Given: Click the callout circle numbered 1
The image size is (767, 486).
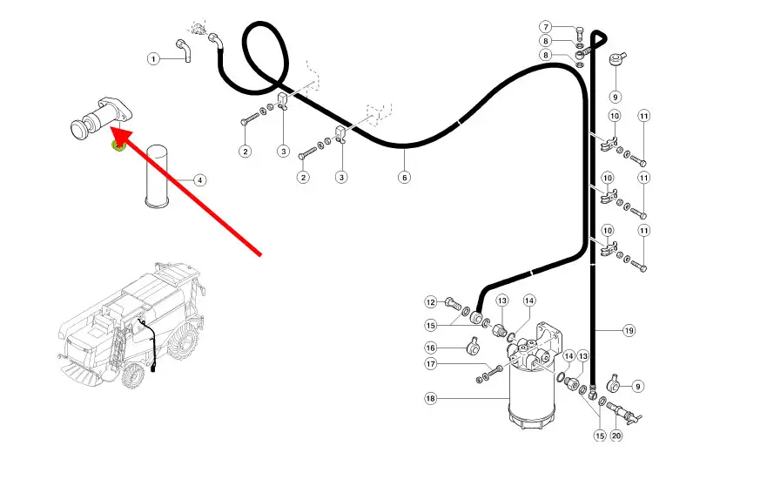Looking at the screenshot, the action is coord(153,59).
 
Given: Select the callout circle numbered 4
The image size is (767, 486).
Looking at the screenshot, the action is coord(199,180).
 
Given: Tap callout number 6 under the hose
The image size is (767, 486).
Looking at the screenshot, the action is coord(404,177).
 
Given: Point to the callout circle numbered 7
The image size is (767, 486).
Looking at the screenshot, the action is coord(546,27).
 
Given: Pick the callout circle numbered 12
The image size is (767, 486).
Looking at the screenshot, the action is coord(430,302).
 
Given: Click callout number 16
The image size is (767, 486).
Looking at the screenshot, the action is coord(430,348).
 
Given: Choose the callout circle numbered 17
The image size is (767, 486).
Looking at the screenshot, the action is coord(430,364).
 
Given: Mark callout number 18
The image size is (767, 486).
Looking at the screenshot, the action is coord(430,398).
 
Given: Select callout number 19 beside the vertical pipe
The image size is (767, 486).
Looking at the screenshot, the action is coord(629,331).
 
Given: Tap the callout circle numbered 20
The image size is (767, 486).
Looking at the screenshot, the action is coord(616,435).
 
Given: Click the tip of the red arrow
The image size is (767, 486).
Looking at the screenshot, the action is coord(111,128).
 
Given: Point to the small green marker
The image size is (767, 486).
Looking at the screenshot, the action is coord(118,145).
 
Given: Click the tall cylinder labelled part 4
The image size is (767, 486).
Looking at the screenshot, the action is coord(158,175).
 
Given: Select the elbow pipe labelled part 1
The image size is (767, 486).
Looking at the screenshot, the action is coord(184,50).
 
